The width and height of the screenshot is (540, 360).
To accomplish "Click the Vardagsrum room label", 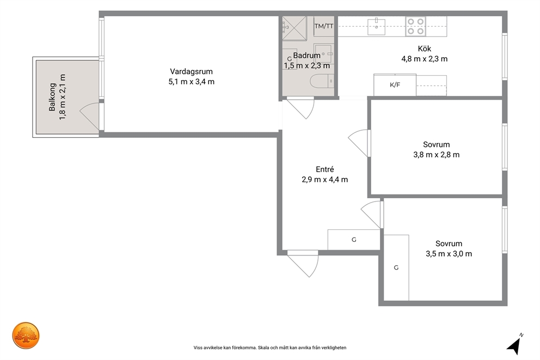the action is (x=191, y=72).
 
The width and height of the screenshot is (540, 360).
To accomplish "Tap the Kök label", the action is (x=424, y=48).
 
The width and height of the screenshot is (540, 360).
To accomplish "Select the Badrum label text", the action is (x=306, y=56).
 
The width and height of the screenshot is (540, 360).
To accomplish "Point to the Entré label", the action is (x=325, y=169).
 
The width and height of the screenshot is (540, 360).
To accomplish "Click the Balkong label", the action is (x=52, y=97).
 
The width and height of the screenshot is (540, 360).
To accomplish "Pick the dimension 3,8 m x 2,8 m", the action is (x=437, y=155).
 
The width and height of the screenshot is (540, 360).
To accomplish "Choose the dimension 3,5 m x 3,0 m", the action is (x=449, y=254).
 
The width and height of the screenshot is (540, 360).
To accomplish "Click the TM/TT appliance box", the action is (x=324, y=26).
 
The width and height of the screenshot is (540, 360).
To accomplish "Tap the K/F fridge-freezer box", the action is (x=395, y=85).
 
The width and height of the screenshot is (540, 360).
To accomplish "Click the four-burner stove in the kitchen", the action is (x=416, y=26).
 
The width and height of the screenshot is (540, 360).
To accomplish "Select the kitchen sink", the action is (x=376, y=26).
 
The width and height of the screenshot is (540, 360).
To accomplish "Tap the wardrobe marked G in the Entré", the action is (x=354, y=240).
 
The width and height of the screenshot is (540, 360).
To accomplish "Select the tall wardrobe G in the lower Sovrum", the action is (x=396, y=267).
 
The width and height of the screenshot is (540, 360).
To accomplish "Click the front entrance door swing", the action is (x=303, y=264).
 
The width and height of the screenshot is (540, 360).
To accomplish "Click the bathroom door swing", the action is (x=300, y=108).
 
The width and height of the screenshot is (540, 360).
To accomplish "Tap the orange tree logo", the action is (x=26, y=335).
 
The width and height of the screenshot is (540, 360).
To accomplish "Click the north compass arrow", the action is (x=514, y=345).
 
